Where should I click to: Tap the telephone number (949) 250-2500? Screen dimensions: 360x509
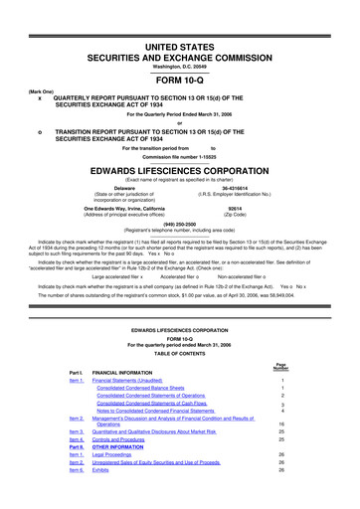pyautogui.click(x=180, y=224)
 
